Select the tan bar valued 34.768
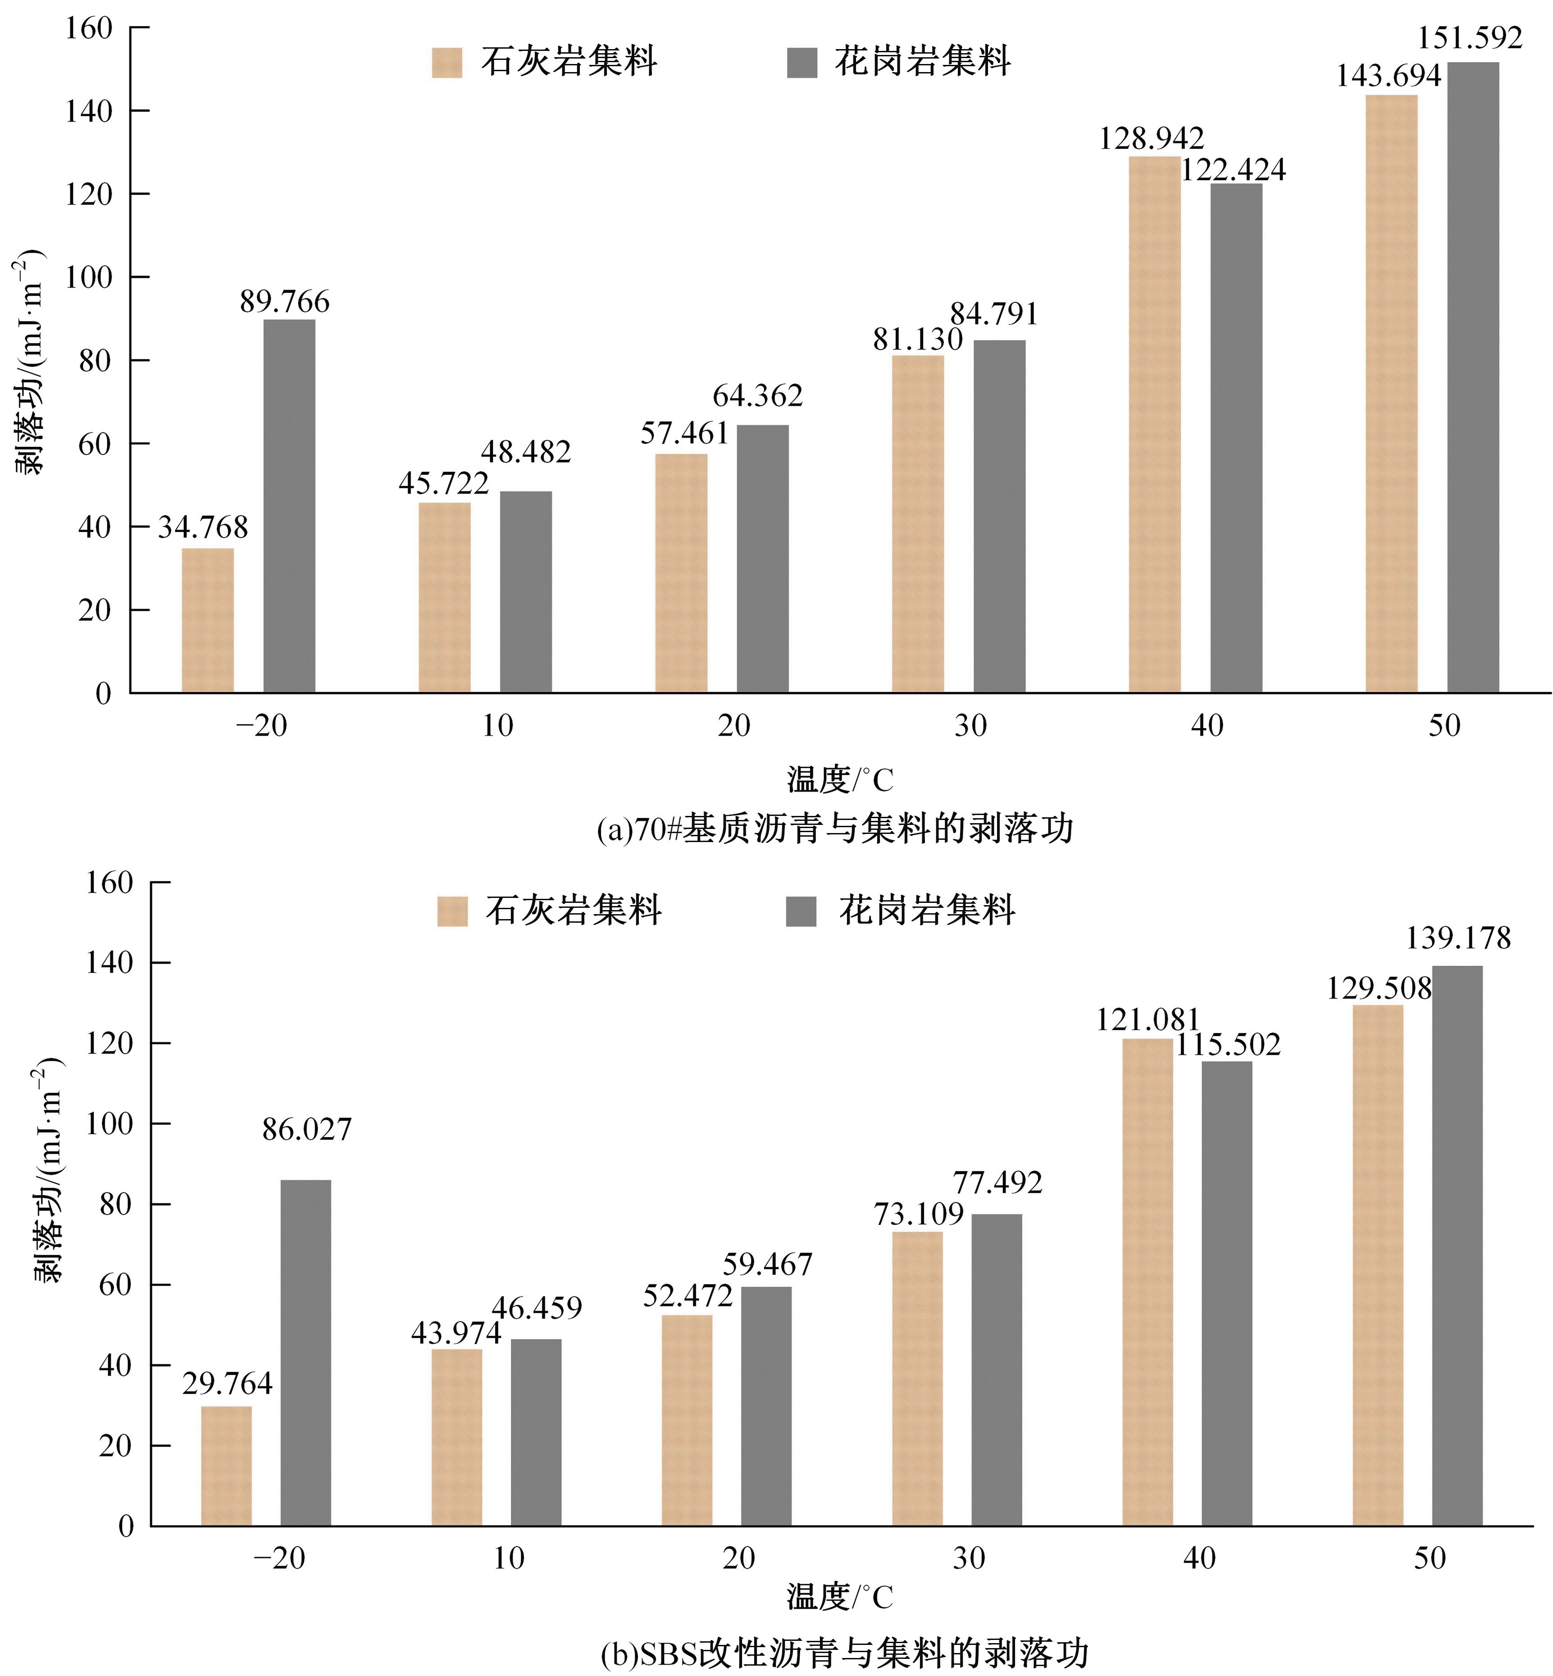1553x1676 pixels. [208, 620]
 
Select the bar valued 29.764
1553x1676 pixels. [226, 1466]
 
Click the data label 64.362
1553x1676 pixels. [757, 395]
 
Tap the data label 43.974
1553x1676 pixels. [455, 1333]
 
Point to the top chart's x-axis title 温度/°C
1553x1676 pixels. [839, 780]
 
